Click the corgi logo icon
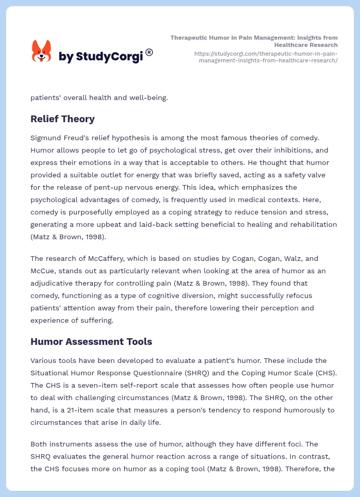[42, 51]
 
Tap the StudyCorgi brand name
[101, 56]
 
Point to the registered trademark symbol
[149, 52]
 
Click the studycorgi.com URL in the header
[266, 57]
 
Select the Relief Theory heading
[62, 119]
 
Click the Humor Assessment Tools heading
[91, 341]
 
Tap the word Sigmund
[46, 138]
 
